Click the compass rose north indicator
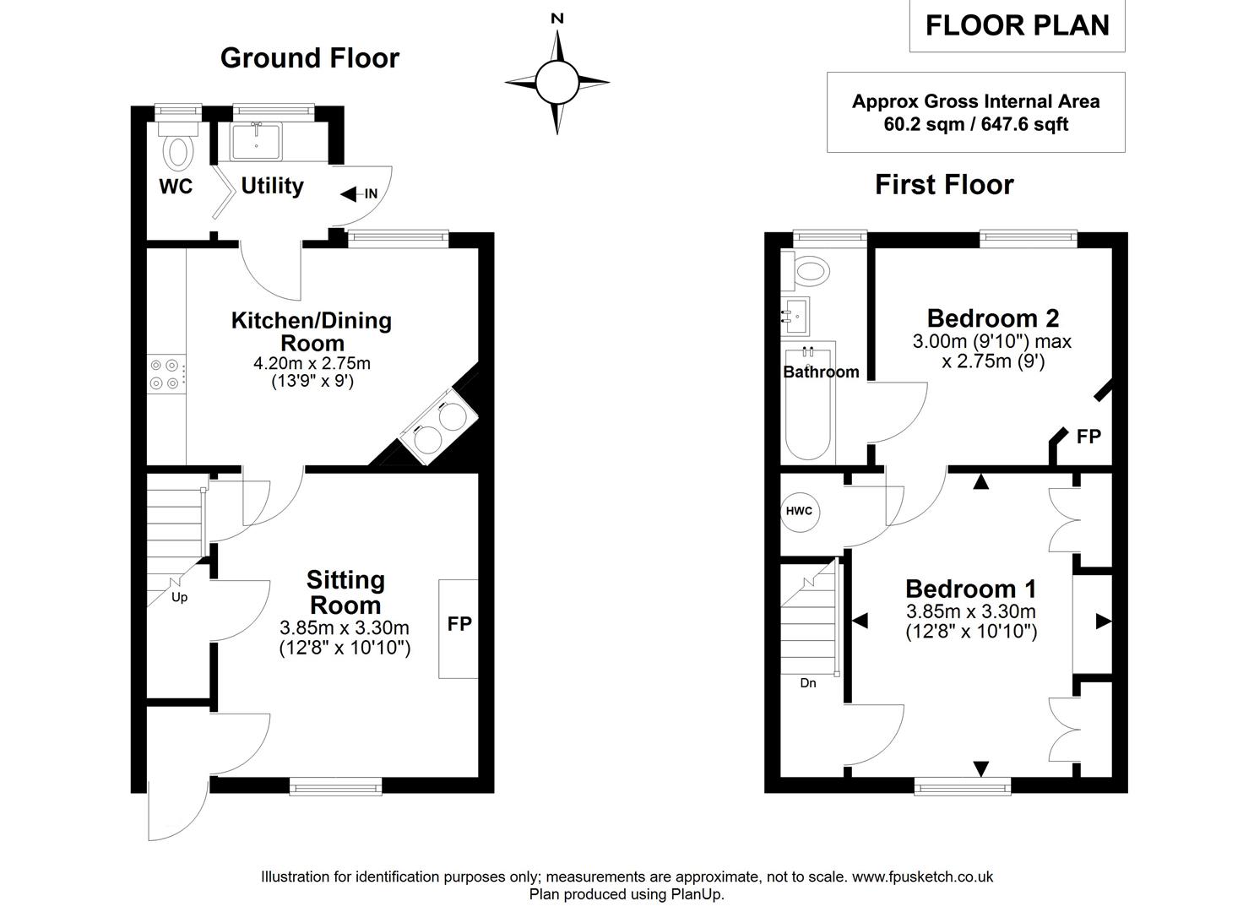click(556, 19)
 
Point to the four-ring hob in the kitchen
click(165, 374)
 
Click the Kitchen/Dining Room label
click(312, 332)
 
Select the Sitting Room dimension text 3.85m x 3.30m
click(345, 627)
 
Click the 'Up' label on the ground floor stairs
click(179, 597)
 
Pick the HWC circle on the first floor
click(799, 511)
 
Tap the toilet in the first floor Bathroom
click(809, 269)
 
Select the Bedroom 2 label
click(993, 318)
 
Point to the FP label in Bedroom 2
click(1088, 437)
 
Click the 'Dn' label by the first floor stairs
click(808, 683)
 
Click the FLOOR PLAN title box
click(1017, 26)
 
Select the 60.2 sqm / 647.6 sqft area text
click(975, 124)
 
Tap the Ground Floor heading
click(309, 57)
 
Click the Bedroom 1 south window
click(963, 787)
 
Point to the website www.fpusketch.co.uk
click(922, 877)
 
